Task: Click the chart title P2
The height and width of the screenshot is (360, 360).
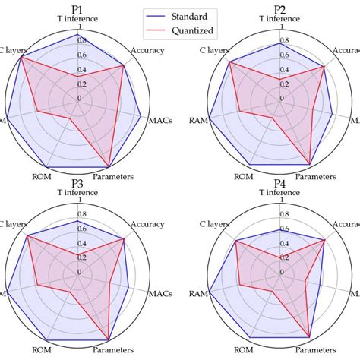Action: (x=280, y=9)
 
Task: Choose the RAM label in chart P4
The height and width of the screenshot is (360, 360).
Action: (x=199, y=293)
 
